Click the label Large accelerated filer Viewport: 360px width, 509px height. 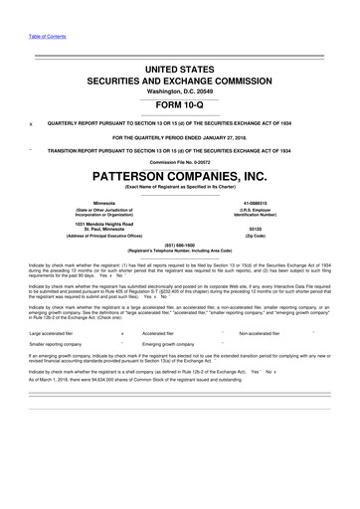(54, 333)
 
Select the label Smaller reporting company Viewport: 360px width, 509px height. (58, 347)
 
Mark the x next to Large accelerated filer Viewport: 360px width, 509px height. (121, 333)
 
